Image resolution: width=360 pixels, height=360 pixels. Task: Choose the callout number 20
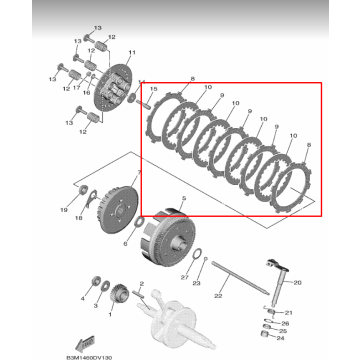click(x=296, y=282)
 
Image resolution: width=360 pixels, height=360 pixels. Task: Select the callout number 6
click(x=125, y=242)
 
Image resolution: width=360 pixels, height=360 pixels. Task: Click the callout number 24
click(x=286, y=323)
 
